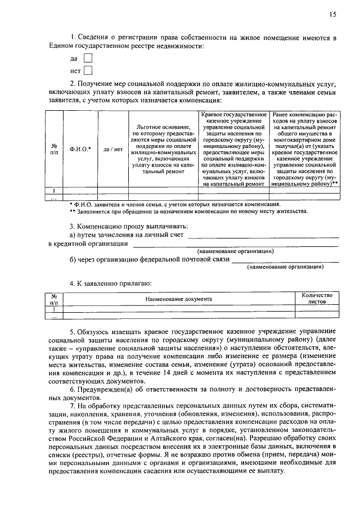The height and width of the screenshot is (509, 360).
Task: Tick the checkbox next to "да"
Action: point(87,58)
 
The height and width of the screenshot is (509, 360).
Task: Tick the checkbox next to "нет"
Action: point(87,71)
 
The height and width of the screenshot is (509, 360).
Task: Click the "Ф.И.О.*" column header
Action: point(80,150)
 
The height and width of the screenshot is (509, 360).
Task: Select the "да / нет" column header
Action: point(113,150)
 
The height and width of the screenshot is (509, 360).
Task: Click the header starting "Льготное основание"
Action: point(164,150)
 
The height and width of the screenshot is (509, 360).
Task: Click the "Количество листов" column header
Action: point(317,298)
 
